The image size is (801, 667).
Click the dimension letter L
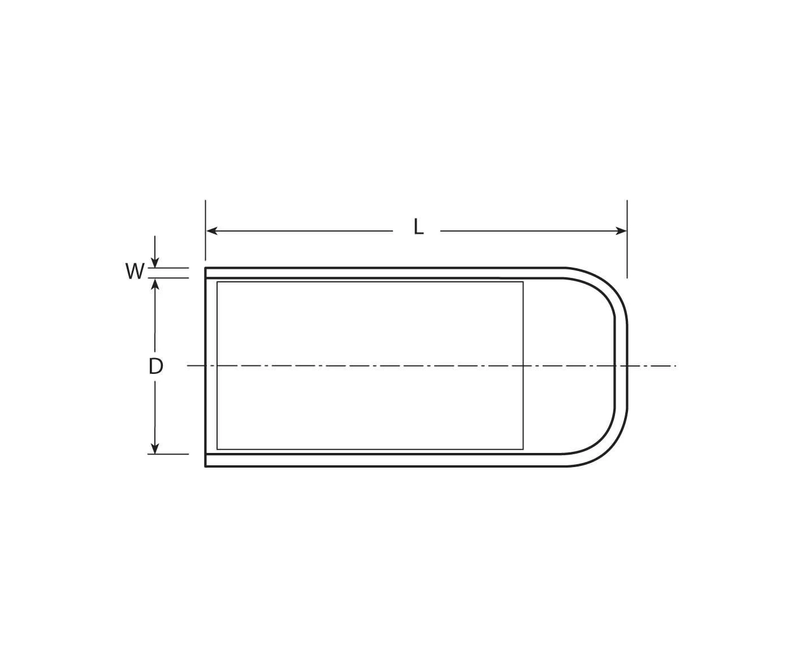point(418,227)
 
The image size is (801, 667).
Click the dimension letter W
point(135,272)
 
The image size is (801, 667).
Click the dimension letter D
point(155,367)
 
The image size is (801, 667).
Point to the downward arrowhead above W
point(155,262)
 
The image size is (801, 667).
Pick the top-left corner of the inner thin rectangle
point(218,282)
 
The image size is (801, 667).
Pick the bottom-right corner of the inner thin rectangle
point(523,449)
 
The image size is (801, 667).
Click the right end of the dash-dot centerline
point(675,366)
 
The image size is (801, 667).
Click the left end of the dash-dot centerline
point(188,366)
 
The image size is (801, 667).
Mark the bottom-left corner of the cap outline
point(206,466)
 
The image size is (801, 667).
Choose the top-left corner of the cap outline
point(206,268)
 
